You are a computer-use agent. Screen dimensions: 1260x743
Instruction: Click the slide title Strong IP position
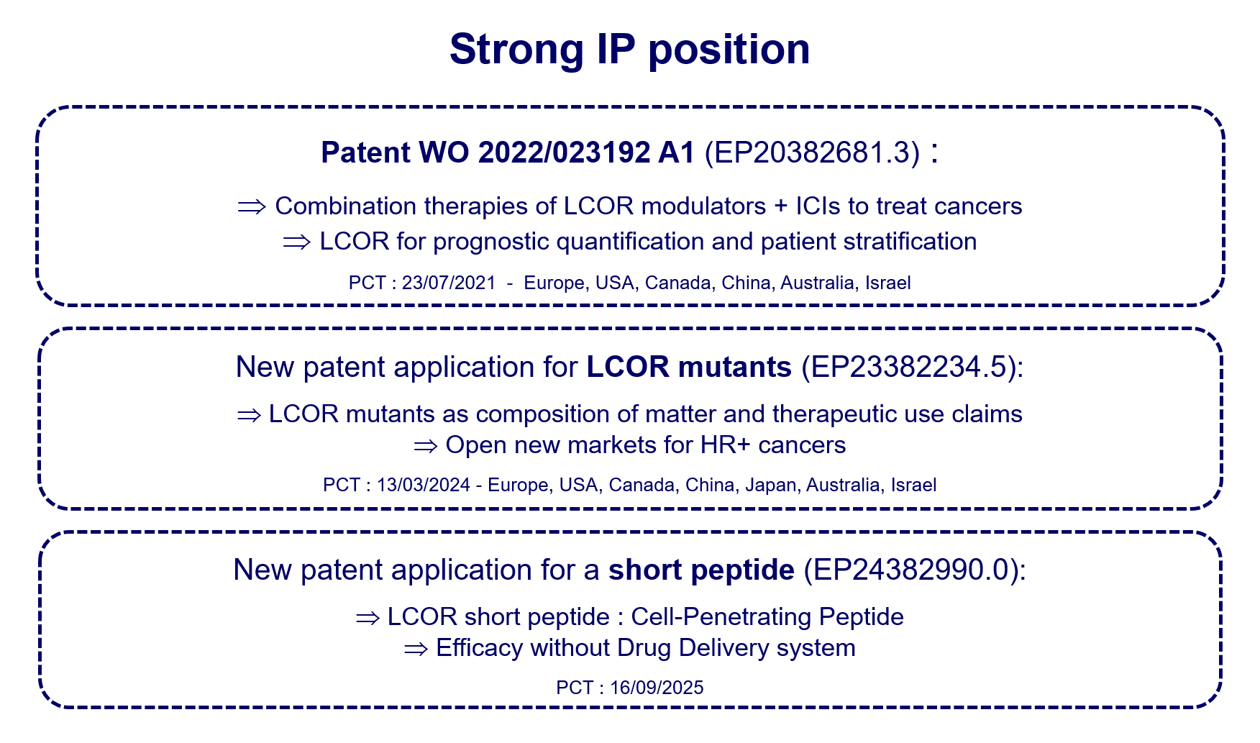point(630,50)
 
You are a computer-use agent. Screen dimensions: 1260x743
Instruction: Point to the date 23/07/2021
point(449,283)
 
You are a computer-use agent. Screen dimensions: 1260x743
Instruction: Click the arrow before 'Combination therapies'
point(252,207)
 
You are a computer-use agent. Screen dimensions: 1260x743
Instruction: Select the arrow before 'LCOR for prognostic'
point(296,242)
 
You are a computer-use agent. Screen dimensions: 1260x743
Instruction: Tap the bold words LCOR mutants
point(689,367)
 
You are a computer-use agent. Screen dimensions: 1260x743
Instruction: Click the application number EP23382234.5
point(909,367)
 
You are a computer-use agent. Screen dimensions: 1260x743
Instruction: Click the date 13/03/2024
point(424,485)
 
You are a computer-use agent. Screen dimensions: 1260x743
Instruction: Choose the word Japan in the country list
point(771,485)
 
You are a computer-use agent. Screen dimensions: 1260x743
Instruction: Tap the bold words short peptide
point(701,570)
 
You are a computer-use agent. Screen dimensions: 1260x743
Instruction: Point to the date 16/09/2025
point(657,688)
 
